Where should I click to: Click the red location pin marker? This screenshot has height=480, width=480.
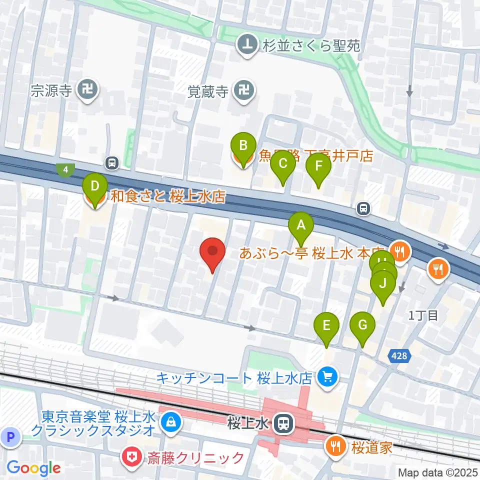coord(212,253)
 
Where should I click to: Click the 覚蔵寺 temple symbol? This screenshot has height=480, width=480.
coord(245,91)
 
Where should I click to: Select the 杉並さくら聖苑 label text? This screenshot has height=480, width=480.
coord(310,46)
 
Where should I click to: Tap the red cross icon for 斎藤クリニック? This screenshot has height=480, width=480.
coord(131,457)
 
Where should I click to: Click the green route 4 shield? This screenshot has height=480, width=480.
coord(65,170)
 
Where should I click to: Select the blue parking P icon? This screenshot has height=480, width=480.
coord(11,438)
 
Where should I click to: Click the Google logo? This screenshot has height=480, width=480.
coord(34,468)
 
